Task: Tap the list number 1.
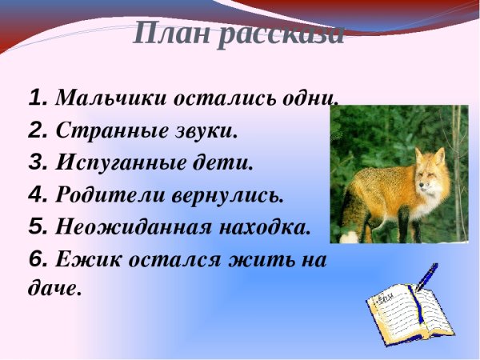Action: (38, 98)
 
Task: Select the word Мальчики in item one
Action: (104, 98)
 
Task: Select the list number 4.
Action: (38, 194)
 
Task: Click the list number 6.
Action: (38, 259)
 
